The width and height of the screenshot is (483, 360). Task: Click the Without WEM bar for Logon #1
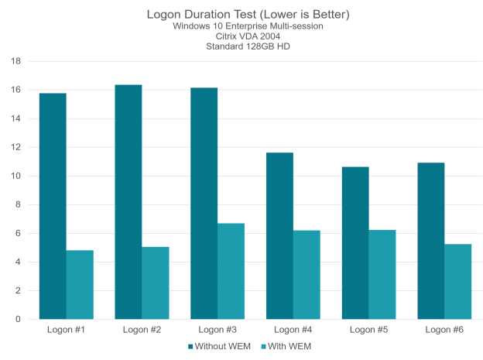pos(53,206)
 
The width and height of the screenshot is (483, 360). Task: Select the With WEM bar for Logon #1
pos(80,284)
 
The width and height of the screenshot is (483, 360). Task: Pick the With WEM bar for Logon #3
pos(231,271)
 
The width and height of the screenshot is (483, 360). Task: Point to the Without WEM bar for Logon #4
pos(279,235)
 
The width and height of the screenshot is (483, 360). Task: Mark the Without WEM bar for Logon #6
pos(431,241)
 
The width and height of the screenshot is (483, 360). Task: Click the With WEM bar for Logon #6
pos(458,281)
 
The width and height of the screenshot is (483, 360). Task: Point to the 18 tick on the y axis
pos(15,60)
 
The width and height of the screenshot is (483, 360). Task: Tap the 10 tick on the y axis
pos(15,176)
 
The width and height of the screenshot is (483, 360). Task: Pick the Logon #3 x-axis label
pos(218,330)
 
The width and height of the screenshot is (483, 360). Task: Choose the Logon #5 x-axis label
pos(368,330)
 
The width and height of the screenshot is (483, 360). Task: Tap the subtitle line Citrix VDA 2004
pos(241,36)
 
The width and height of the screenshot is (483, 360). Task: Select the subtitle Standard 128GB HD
pos(241,46)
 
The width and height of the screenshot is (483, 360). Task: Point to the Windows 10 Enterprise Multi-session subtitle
pos(241,26)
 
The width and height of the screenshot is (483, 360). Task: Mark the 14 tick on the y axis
pos(15,118)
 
